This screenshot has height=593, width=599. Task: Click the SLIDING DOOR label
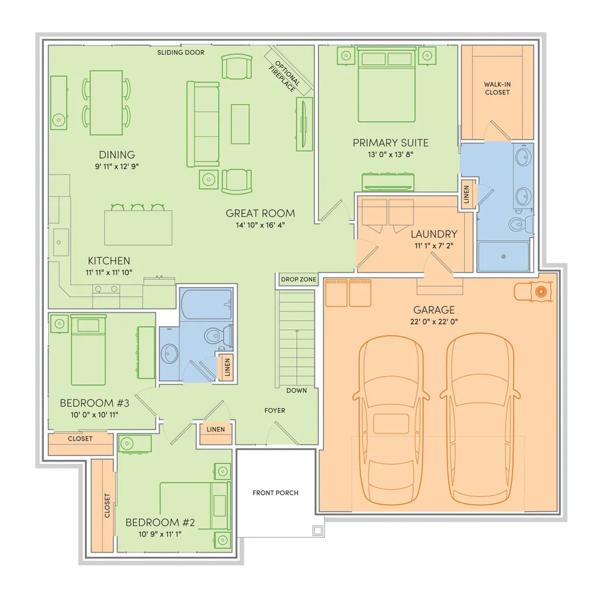(181, 53)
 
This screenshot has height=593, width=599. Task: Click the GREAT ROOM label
(260, 213)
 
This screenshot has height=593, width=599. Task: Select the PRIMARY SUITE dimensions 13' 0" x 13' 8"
(390, 154)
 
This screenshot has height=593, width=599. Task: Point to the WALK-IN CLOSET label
(497, 88)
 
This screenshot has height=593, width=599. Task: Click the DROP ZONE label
(299, 280)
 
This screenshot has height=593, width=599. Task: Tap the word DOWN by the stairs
(296, 391)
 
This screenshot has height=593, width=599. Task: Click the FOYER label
(275, 410)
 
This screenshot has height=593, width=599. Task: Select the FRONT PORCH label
(275, 493)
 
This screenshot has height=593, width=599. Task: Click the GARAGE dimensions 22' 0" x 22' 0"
(434, 322)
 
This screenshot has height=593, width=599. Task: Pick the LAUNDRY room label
(434, 234)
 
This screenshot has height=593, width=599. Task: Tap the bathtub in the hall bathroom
(206, 304)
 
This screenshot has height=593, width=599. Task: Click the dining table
(106, 102)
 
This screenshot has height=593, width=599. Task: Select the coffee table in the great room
(240, 124)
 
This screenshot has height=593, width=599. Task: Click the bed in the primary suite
(386, 85)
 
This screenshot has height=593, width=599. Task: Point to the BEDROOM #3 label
(94, 403)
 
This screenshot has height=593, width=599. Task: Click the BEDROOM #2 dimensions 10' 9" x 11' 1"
(160, 534)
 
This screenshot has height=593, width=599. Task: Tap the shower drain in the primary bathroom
(504, 257)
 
